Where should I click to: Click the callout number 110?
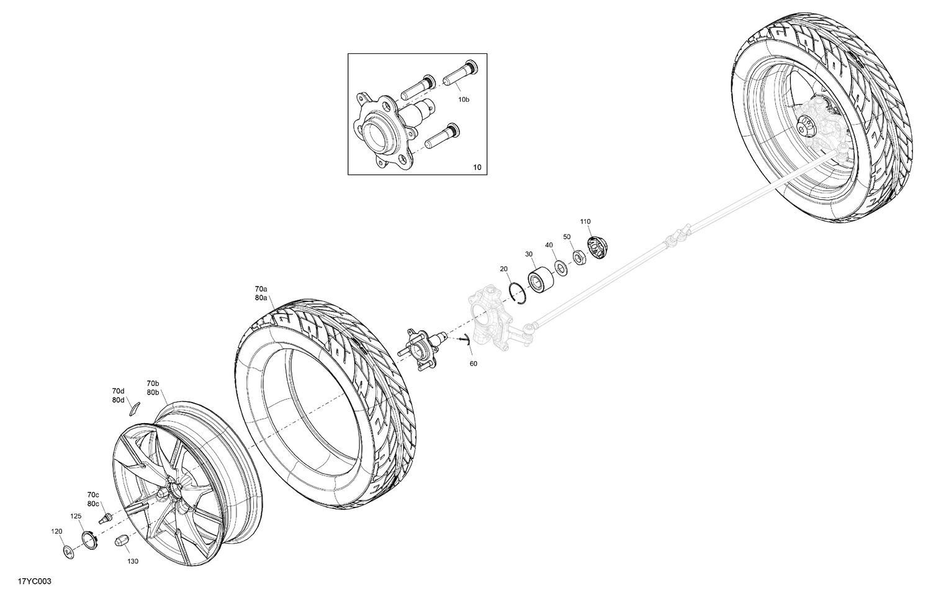(585, 221)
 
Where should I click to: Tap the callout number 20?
(504, 269)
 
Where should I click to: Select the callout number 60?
(474, 364)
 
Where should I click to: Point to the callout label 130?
(133, 562)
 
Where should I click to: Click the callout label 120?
(56, 532)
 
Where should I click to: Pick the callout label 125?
(76, 516)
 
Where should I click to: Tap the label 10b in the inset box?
(464, 99)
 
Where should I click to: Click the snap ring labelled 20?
(516, 292)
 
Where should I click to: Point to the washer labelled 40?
(560, 267)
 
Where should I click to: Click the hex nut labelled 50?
(577, 256)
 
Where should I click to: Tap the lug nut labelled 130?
(121, 540)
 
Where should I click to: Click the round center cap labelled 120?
(66, 550)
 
